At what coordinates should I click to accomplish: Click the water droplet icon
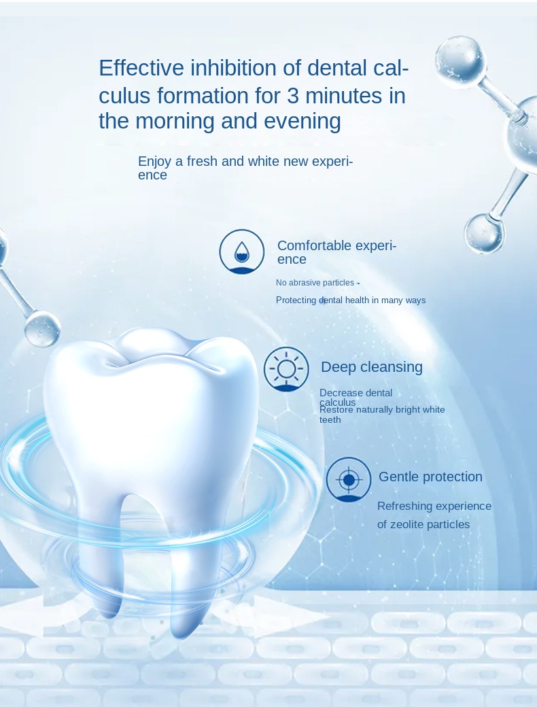242,252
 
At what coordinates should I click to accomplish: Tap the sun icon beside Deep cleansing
286,369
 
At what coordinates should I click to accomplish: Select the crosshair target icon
349,480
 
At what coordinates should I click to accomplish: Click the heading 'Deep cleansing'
372,367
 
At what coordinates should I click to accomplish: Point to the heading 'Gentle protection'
430,477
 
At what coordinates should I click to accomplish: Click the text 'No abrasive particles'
315,283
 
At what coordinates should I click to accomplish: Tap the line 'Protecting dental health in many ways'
351,300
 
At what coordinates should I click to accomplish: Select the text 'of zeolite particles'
423,524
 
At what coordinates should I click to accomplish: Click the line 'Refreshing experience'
434,506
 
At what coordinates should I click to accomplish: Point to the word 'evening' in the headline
302,121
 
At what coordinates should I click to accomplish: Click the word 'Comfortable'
314,245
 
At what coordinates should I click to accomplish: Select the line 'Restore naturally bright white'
382,410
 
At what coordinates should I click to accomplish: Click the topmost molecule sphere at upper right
460,60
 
